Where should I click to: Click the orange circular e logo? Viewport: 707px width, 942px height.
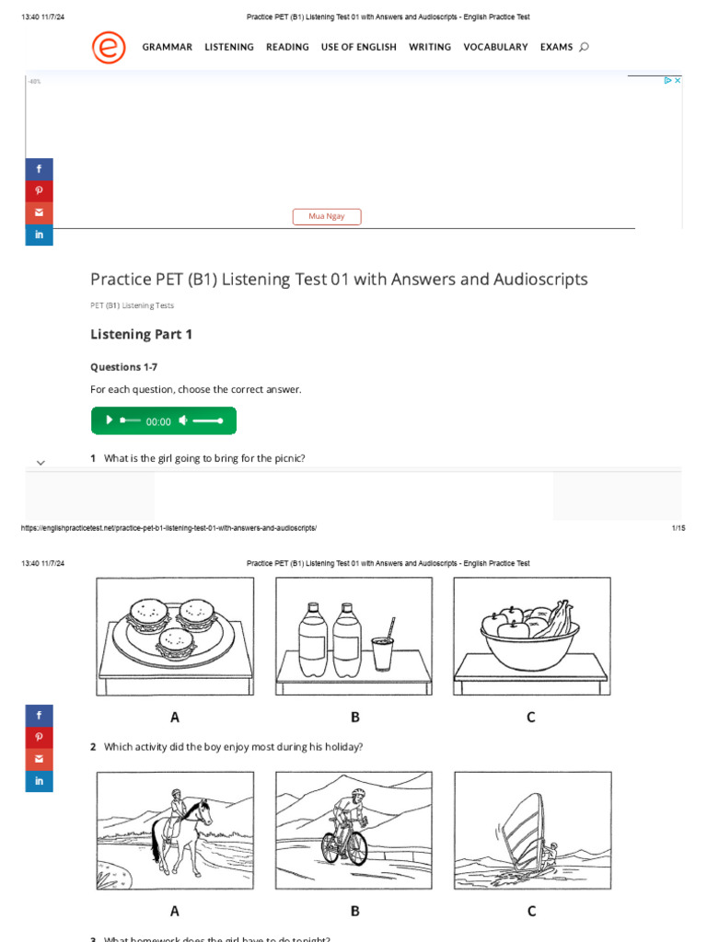pyautogui.click(x=109, y=47)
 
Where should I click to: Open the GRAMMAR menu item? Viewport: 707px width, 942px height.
pyautogui.click(x=168, y=47)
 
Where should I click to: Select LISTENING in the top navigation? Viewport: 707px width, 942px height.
pyautogui.click(x=229, y=47)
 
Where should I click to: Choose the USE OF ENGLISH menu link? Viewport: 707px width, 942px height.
pyautogui.click(x=359, y=47)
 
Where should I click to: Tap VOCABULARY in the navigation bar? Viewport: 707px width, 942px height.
pyautogui.click(x=495, y=47)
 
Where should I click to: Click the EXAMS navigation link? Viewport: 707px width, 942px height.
pyautogui.click(x=556, y=47)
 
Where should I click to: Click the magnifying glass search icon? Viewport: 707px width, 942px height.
pyautogui.click(x=585, y=47)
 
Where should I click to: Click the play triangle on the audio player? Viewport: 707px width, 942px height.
pyautogui.click(x=109, y=420)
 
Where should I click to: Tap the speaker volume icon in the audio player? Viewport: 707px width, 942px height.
pyautogui.click(x=183, y=420)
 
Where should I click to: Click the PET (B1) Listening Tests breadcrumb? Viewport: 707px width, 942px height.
pyautogui.click(x=132, y=305)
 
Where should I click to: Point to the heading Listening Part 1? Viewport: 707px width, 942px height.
pyautogui.click(x=142, y=334)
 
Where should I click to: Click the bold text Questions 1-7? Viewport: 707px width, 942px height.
pyautogui.click(x=123, y=367)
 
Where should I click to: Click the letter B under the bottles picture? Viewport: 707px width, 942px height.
pyautogui.click(x=354, y=718)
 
